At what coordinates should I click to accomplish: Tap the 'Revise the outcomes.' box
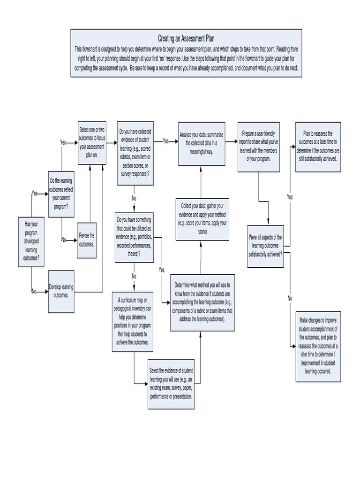pos(87,240)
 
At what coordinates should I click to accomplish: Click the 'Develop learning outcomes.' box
pos(61,291)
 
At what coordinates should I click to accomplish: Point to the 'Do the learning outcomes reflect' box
pos(61,194)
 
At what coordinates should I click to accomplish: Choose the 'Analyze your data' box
pos(201,143)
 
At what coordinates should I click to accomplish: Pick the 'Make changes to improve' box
pos(318,346)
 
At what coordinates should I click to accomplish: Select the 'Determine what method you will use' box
pos(202,302)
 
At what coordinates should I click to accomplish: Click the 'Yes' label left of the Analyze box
pos(166,140)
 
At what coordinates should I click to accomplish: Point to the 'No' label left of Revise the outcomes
pos(64,240)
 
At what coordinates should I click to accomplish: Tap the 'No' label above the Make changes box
pos(290,298)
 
